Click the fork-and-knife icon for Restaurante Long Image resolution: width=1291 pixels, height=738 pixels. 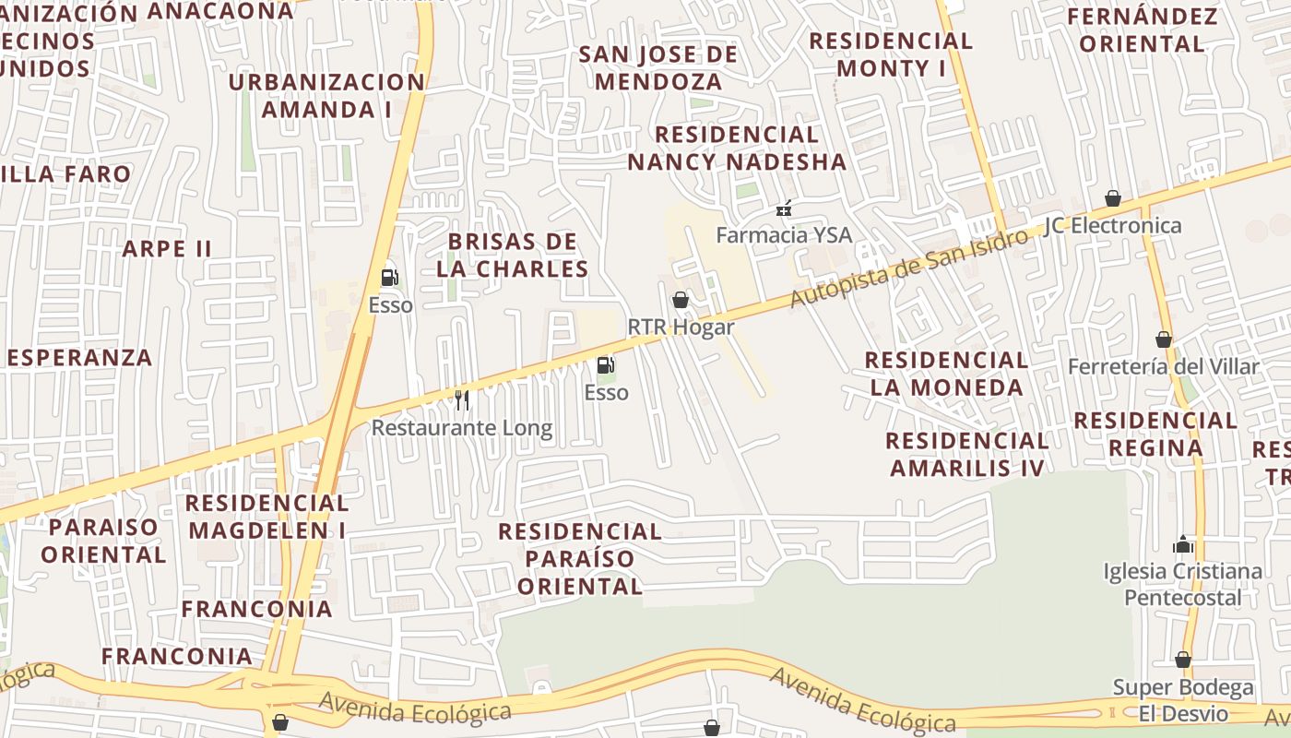point(462,400)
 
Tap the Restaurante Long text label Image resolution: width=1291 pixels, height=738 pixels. point(462,428)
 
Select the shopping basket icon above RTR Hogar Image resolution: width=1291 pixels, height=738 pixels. point(681,300)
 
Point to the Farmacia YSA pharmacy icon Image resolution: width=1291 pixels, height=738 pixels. point(784,208)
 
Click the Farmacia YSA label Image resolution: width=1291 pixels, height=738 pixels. point(784,235)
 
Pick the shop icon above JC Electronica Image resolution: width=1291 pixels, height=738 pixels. point(1113,198)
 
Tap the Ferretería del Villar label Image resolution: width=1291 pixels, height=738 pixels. point(1163,367)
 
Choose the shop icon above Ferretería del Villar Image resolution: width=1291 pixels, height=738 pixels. point(1164,339)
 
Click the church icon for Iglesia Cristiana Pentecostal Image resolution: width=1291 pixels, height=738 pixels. point(1183,544)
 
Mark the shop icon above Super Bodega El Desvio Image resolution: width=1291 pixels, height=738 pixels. point(1183,660)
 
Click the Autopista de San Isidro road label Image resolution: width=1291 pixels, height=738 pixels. point(908,268)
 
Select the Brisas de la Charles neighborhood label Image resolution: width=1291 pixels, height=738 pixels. point(512,256)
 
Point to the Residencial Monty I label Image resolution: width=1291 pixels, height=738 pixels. point(891,54)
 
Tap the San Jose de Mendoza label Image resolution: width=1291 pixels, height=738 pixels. point(658,67)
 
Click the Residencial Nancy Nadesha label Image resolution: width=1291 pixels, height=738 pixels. point(736,149)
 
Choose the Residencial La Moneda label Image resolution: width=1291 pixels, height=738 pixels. point(947,373)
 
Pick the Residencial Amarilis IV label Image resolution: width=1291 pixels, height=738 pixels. point(966,454)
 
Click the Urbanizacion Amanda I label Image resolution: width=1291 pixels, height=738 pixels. point(326,95)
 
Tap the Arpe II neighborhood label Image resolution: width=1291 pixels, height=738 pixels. point(167,249)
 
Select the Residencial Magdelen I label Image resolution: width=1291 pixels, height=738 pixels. point(267,517)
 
